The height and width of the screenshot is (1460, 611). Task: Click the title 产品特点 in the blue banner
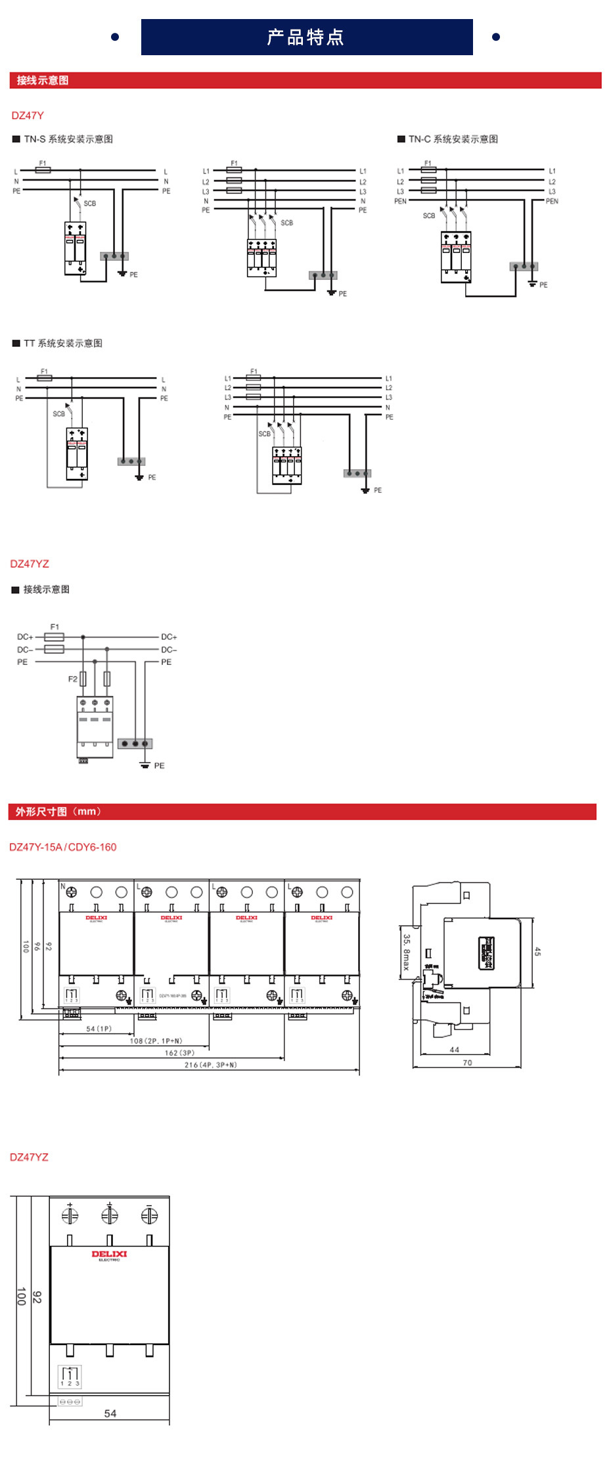(305, 37)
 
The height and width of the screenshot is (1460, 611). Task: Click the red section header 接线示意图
(43, 80)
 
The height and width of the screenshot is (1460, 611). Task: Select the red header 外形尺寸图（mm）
(58, 811)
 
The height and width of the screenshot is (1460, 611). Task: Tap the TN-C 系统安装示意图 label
(453, 139)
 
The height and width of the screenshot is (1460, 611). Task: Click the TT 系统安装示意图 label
(62, 343)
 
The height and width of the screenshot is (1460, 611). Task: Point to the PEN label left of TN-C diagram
(400, 201)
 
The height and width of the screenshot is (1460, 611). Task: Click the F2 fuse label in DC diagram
(73, 679)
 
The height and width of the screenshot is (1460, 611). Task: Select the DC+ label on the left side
(25, 637)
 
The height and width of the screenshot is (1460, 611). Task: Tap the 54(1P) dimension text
(99, 1028)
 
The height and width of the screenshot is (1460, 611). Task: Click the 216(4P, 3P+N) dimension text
(210, 1064)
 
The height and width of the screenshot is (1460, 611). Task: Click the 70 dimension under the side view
(467, 1062)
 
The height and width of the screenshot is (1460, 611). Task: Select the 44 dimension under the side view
(454, 1049)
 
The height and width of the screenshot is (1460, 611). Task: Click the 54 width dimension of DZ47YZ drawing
(110, 1413)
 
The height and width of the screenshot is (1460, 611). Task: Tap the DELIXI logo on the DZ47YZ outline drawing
(109, 1255)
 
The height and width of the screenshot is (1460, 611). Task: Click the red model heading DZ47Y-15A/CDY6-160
(62, 847)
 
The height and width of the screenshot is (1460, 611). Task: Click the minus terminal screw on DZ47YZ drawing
(149, 1216)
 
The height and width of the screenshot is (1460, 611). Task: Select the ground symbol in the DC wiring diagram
(145, 764)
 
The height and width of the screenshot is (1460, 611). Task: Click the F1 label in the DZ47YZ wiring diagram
(55, 627)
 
